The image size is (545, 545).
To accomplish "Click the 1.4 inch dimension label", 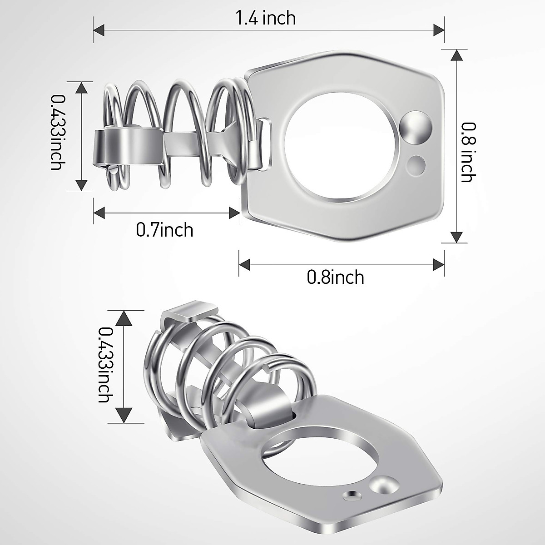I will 266,18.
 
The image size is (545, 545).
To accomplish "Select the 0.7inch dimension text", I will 164,230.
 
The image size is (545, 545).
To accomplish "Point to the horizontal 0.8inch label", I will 336,277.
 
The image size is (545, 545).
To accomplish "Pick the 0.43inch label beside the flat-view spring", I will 57,132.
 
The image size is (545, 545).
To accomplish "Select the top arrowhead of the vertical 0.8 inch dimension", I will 457,55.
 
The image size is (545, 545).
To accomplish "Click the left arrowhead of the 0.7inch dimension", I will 99,212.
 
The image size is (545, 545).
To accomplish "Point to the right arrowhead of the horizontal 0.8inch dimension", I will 439,264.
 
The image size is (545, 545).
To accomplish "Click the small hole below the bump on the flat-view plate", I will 416,164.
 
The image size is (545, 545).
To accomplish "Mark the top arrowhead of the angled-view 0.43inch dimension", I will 124,318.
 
